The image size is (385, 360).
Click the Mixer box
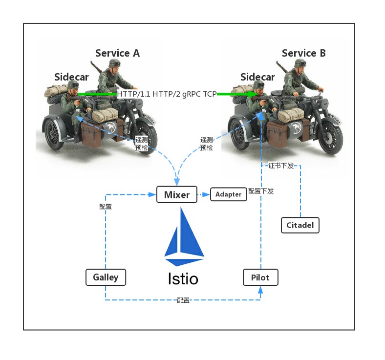tap(176, 194)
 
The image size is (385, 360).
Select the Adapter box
tap(228, 194)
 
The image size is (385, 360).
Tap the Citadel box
tap(300, 225)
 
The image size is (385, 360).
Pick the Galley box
tap(106, 277)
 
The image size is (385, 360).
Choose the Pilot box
tap(260, 277)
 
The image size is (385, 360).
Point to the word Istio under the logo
tap(183, 279)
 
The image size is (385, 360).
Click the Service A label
tap(117, 53)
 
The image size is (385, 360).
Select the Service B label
tap(303, 53)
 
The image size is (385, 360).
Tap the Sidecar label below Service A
tap(71, 77)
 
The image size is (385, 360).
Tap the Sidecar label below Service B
tap(257, 77)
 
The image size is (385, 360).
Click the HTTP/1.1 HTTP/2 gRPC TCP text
tap(167, 94)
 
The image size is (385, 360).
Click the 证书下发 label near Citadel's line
tap(281, 166)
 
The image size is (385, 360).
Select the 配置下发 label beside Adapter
tap(260, 191)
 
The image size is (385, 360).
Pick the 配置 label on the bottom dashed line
tap(183, 300)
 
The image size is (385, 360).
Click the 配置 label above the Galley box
tap(106, 207)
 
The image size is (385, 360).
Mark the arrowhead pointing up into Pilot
tap(260, 290)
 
